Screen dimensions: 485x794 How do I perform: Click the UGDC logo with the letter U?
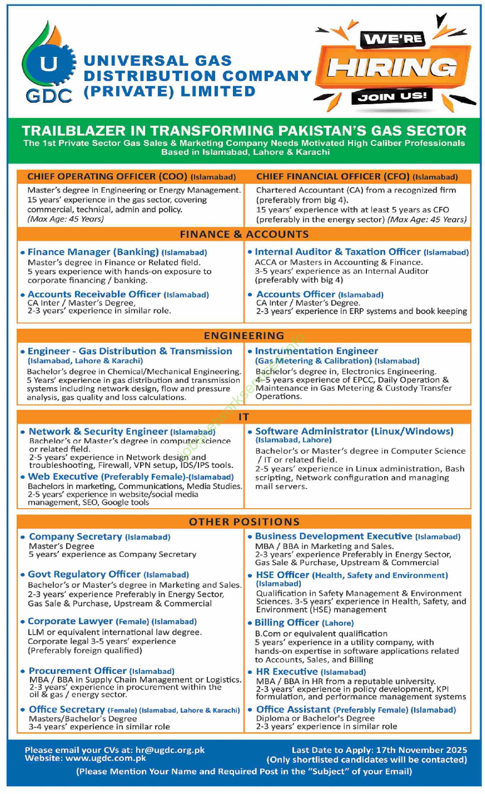(x=49, y=64)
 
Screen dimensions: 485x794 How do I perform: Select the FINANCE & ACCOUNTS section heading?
(x=244, y=234)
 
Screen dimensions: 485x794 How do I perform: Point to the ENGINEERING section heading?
(x=244, y=336)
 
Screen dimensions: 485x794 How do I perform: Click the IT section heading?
(x=244, y=417)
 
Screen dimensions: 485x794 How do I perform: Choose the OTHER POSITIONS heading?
(x=244, y=522)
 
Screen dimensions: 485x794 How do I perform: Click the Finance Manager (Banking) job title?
(x=93, y=252)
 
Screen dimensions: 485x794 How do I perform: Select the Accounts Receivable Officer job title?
(x=94, y=294)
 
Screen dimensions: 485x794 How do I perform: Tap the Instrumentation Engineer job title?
(x=316, y=351)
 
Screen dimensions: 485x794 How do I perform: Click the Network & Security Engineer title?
(x=98, y=432)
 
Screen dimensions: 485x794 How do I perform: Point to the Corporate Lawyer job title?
(x=70, y=621)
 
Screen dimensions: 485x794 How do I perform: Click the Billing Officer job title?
(x=287, y=622)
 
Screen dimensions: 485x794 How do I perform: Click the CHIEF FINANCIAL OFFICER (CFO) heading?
(x=333, y=177)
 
